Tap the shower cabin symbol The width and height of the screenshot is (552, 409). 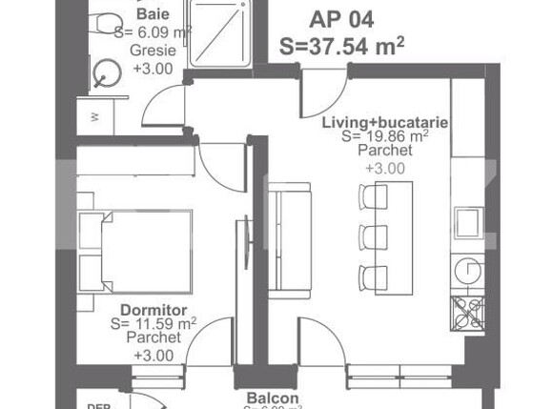222,33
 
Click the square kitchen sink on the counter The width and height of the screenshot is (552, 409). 468,221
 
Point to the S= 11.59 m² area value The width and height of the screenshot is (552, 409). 153,324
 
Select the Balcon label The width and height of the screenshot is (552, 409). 273,398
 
